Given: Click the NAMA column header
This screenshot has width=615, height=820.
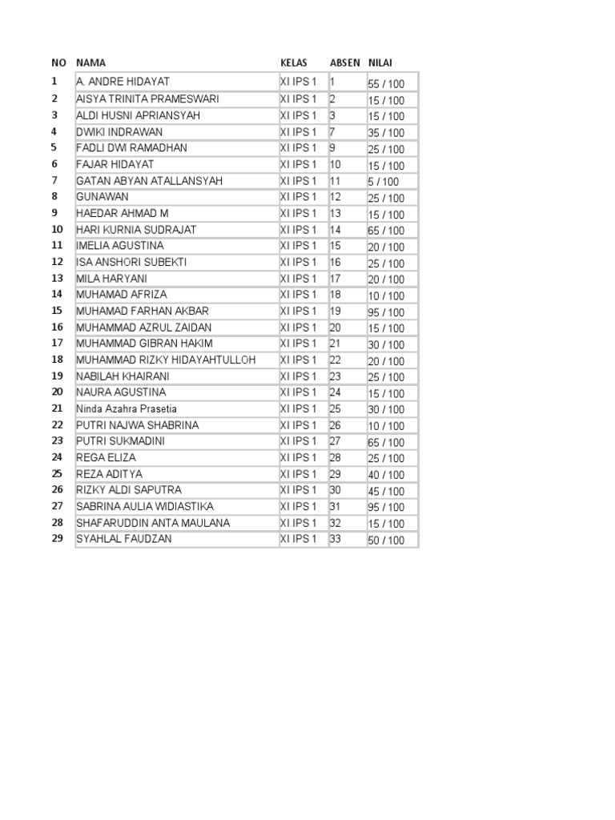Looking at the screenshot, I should pos(90,62).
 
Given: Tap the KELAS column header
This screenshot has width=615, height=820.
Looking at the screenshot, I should pos(293,62).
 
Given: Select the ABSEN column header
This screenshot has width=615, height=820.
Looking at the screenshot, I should pos(344,62).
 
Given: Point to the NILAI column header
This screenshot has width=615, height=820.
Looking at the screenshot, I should pos(380,62).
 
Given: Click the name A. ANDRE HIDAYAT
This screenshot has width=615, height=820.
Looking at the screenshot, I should pos(123,82).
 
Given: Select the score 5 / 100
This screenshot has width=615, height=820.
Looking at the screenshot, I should pos(383,182).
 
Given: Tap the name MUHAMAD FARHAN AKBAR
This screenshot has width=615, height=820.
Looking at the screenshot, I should pos(143,311).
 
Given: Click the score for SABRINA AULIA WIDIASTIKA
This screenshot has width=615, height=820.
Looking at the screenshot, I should pos(386,507).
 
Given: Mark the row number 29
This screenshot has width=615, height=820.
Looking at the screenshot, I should pos(57,539).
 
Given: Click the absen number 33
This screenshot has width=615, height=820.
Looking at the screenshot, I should pos(336,539).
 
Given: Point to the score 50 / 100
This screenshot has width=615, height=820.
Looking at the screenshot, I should pos(386,540).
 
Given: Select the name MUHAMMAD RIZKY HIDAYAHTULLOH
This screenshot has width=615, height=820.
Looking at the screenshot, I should pos(166,360).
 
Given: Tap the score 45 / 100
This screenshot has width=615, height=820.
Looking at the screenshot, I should pos(386,491).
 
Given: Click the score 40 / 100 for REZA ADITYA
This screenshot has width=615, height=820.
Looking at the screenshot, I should pos(386,475).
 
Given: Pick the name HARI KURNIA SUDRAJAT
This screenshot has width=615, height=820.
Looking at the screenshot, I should pos(136,230).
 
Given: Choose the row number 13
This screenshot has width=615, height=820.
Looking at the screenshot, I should pos(57,278).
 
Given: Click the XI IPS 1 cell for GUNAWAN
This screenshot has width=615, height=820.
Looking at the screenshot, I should pos(298,197).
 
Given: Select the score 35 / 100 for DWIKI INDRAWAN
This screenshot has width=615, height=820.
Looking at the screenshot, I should pos(386,133).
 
